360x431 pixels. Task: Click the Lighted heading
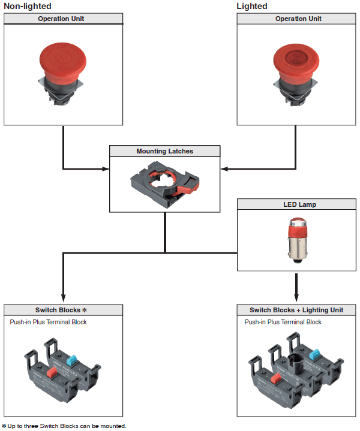tap(252, 6)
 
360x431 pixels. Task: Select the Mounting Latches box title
tap(165, 151)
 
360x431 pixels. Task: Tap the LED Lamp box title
tap(299, 204)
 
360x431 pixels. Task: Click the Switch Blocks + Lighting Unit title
tap(296, 310)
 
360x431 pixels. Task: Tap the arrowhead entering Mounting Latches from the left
tap(106, 168)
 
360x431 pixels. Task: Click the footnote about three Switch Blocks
tap(64, 426)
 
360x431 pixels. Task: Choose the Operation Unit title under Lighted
tap(299, 19)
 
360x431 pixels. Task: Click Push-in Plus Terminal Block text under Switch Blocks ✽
tap(48, 322)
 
